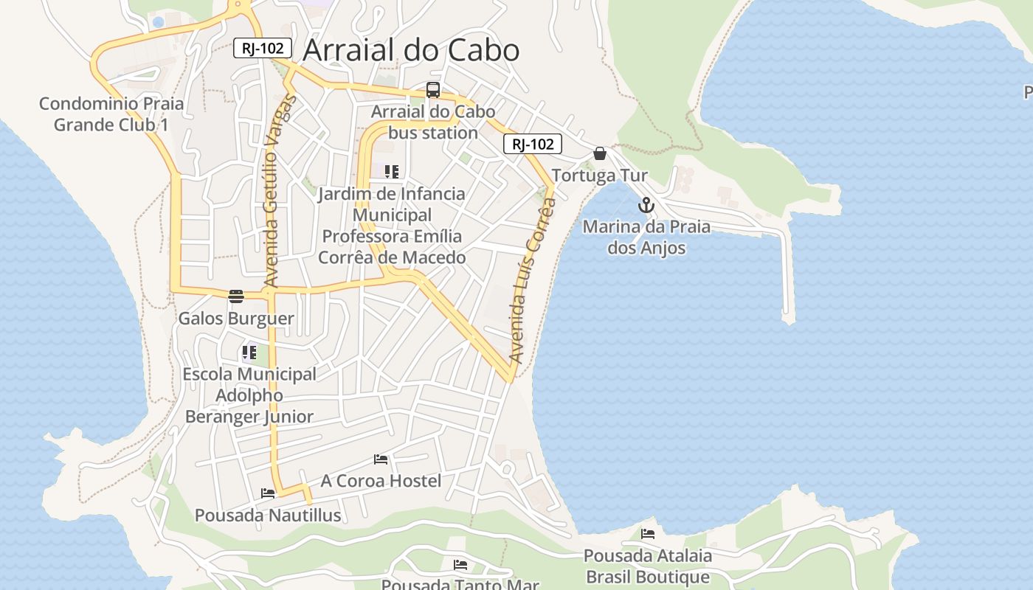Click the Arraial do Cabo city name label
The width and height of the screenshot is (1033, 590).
[x=411, y=50]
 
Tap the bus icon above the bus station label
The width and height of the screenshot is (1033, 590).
[x=433, y=90]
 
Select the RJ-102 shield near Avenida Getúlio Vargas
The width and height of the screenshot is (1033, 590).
[x=263, y=48]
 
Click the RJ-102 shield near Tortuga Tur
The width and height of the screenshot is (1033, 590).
[x=533, y=144]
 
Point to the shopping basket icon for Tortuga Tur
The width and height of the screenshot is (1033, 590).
[x=600, y=153]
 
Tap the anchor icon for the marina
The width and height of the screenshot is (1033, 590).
[x=646, y=205]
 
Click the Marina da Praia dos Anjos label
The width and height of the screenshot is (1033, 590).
[x=646, y=237]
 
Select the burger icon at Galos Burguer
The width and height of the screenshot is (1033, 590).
[x=236, y=296]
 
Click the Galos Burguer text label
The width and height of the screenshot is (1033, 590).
[x=236, y=319]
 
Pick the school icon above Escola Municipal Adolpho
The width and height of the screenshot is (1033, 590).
[x=249, y=353]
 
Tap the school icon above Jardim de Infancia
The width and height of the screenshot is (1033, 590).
[x=392, y=172]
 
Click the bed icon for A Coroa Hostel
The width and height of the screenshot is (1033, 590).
[x=381, y=459]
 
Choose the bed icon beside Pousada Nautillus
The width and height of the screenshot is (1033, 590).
[x=268, y=493]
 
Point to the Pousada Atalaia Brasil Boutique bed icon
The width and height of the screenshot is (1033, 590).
[x=648, y=533]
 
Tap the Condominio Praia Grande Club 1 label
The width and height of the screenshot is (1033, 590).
[x=111, y=114]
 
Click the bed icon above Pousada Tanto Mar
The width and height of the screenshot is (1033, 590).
[x=460, y=565]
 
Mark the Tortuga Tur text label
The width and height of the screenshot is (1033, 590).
[x=600, y=176]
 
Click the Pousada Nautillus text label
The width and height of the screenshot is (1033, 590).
[x=268, y=515]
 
